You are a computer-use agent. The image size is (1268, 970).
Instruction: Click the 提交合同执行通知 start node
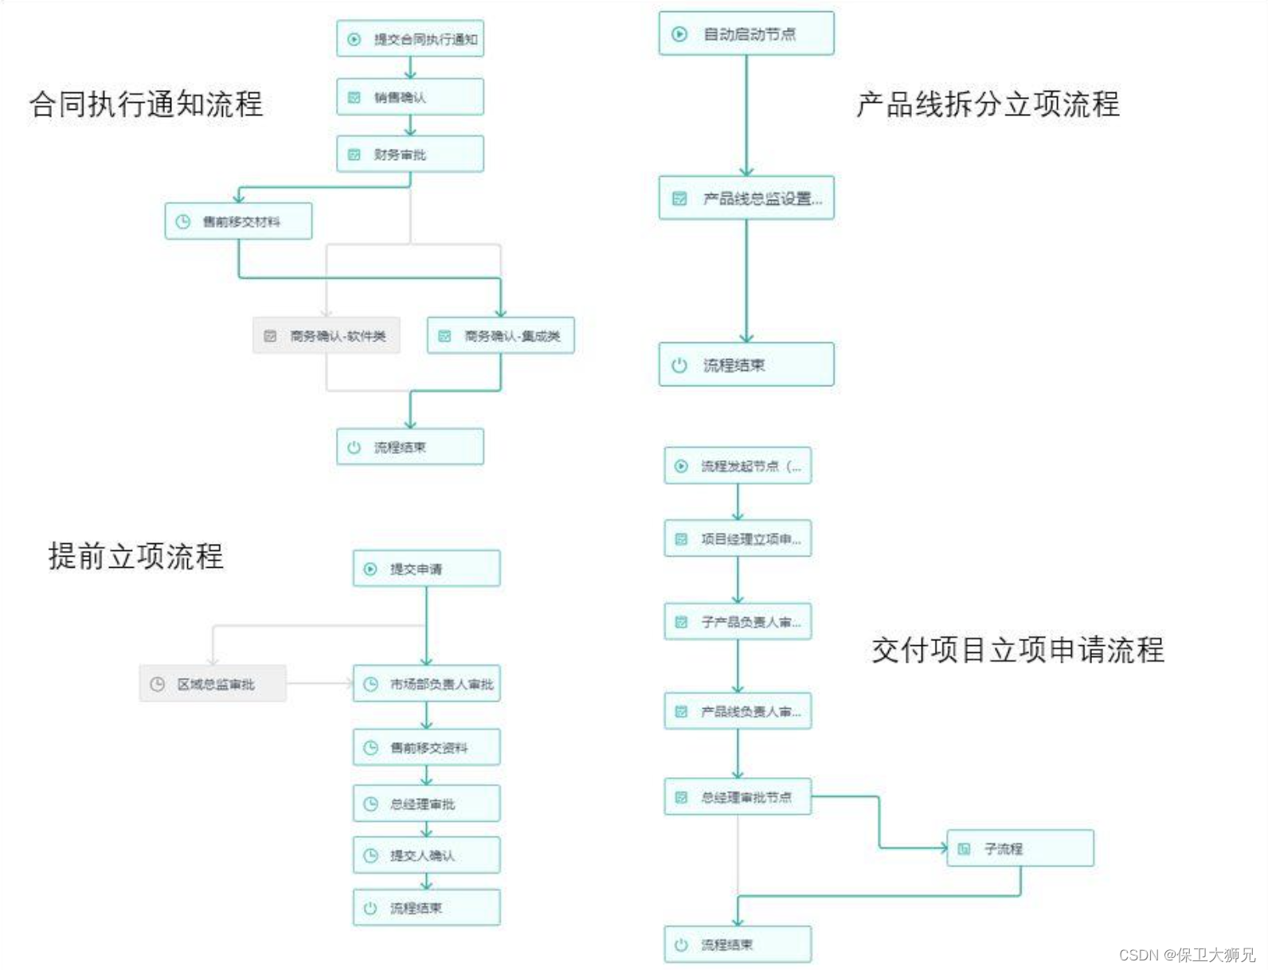coord(410,39)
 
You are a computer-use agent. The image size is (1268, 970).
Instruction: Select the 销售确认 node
coord(410,97)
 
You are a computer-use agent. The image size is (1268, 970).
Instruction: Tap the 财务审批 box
coord(410,154)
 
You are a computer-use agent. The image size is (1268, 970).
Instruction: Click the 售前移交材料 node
coord(238,221)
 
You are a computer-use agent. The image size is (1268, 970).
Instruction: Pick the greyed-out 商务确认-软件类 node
coord(327,336)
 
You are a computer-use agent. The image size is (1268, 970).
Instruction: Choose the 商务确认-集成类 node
coord(501,336)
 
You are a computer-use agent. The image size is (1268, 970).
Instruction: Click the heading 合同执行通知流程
coord(146,104)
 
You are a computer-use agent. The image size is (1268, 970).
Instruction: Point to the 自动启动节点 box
coord(746,34)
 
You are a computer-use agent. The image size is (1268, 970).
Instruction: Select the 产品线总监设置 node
coord(746,198)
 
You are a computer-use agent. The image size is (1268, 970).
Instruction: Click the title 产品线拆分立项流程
coord(988,104)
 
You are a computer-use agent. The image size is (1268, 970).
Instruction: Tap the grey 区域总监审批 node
coord(213,684)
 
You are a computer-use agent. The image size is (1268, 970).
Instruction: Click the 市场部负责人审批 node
coord(427,684)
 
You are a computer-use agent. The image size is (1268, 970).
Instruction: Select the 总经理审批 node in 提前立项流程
coord(427,804)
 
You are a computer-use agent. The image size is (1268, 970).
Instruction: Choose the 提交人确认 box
coord(427,855)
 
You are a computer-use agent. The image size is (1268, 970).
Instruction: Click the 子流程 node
coord(1020,849)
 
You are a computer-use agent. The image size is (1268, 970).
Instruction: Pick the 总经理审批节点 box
coord(738,797)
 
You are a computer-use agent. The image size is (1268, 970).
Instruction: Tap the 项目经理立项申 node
coord(738,539)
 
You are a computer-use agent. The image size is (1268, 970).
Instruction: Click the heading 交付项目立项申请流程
coord(1018,650)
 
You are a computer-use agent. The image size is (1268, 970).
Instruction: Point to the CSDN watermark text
coord(1187,955)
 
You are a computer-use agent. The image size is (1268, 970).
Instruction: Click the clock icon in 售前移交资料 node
coord(370,748)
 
